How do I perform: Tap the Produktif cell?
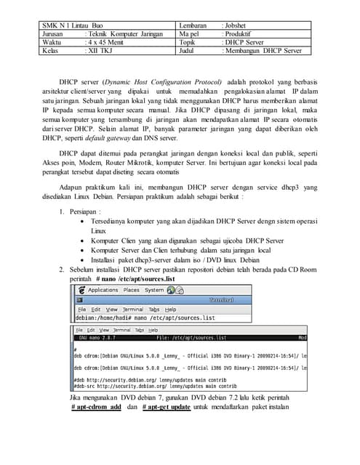[x=239, y=33]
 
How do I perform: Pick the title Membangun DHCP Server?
[x=263, y=51]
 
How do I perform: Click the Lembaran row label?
[x=194, y=25]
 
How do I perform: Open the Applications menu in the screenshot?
[x=102, y=289]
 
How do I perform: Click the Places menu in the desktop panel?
[x=132, y=289]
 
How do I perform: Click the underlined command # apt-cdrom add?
[x=96, y=408]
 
